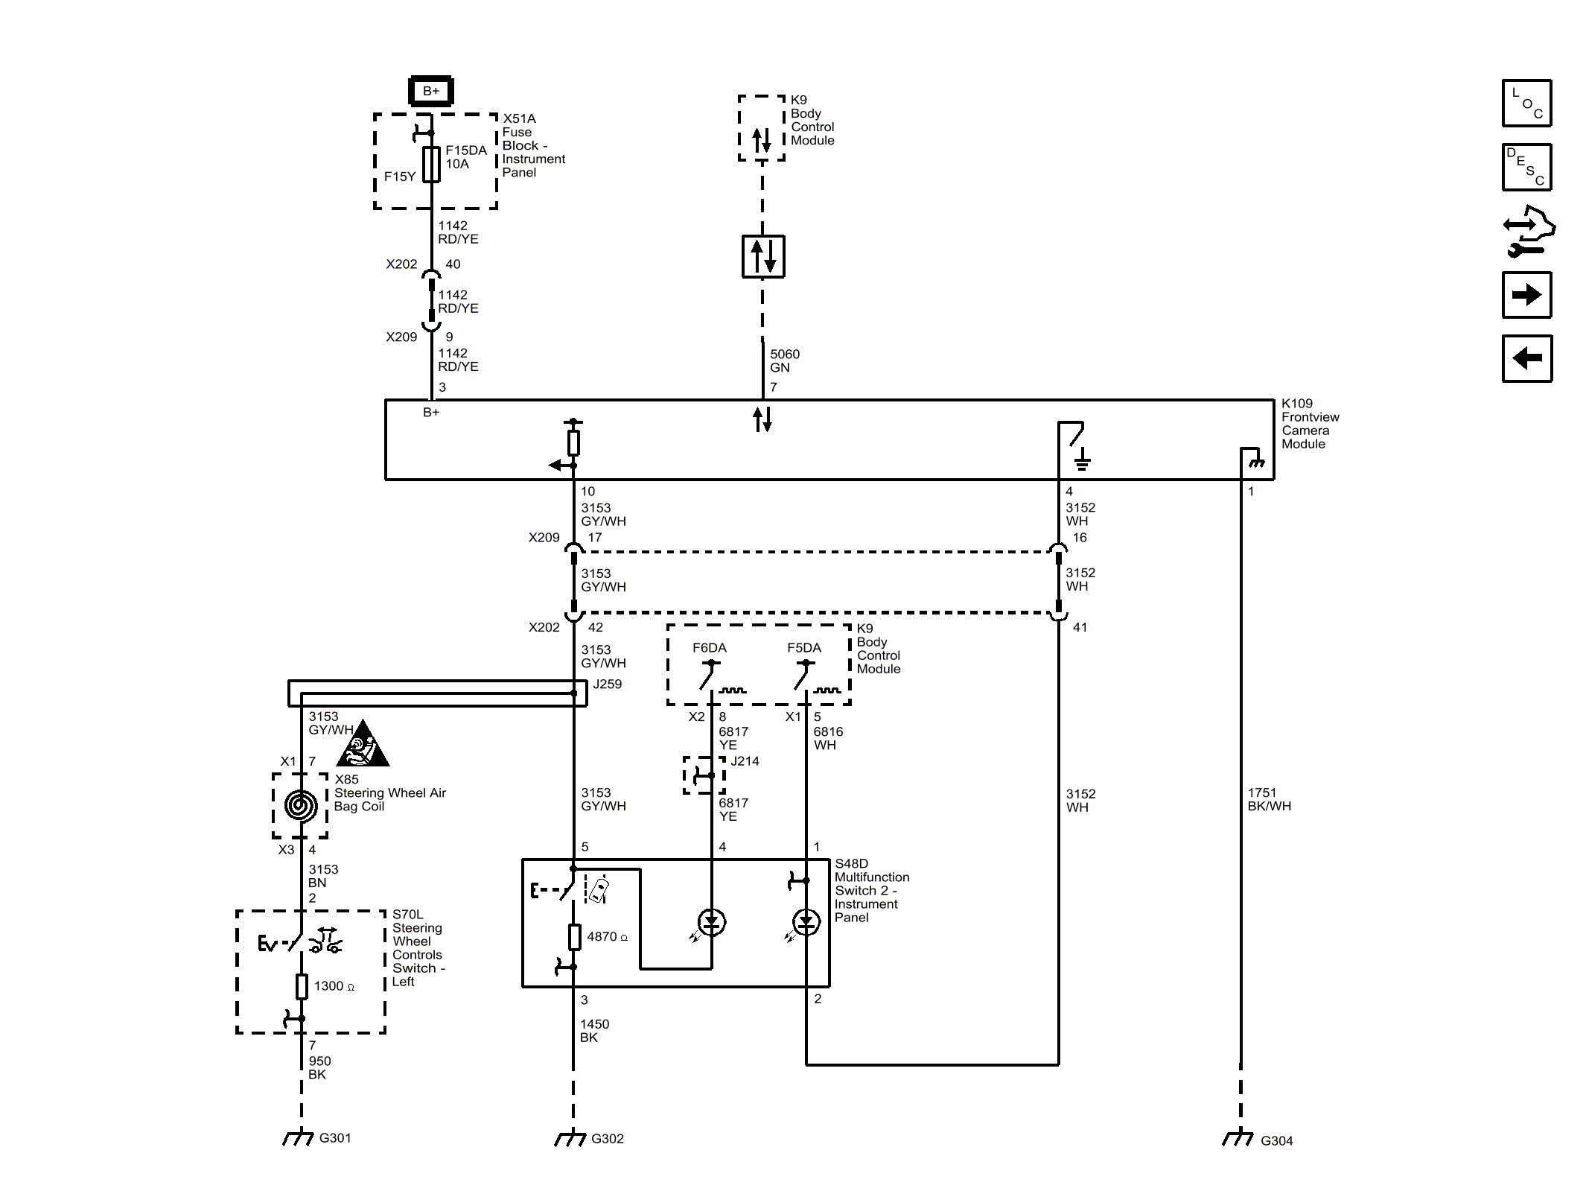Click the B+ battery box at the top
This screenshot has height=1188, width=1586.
point(431,92)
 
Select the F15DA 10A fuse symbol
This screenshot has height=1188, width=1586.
point(431,165)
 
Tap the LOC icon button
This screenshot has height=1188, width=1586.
point(1526,103)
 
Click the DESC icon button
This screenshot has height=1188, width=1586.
point(1526,167)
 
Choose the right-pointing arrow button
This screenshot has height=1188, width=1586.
point(1526,295)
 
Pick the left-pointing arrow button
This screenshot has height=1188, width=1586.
point(1526,358)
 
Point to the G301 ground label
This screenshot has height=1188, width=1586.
point(335,1137)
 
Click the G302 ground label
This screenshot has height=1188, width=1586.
point(608,1138)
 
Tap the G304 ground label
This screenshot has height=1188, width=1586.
point(1276,1140)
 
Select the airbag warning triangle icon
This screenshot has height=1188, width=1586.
point(363,744)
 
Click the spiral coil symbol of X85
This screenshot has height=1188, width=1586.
point(301,805)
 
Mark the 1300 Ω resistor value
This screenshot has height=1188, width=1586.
point(334,986)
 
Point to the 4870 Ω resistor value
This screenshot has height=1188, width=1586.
point(608,937)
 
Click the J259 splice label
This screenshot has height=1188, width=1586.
point(608,684)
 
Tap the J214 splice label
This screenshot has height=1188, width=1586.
point(745,761)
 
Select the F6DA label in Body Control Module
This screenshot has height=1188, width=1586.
point(710,648)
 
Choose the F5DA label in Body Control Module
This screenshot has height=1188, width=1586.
point(804,648)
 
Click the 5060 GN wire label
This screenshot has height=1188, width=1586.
point(785,361)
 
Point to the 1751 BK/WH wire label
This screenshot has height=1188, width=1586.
point(1270,799)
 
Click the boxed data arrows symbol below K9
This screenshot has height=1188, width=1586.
point(763,256)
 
